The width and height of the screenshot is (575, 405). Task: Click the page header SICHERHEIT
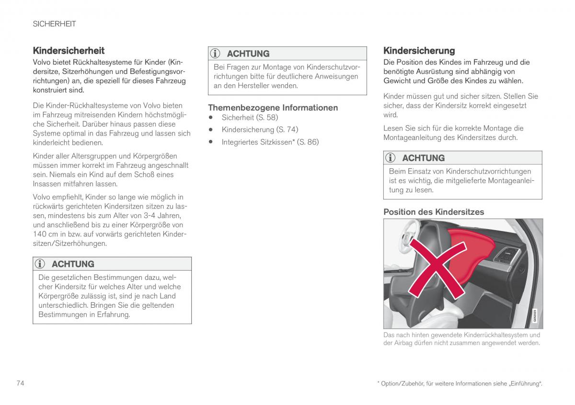pyautogui.click(x=54, y=23)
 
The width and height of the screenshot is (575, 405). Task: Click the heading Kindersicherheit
pyautogui.click(x=69, y=50)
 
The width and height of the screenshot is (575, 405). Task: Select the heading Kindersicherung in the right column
pyautogui.click(x=419, y=50)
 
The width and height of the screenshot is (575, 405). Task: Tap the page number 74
pyautogui.click(x=21, y=383)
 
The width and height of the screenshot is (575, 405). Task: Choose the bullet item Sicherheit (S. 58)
pyautogui.click(x=250, y=117)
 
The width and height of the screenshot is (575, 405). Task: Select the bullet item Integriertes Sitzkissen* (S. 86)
pyautogui.click(x=270, y=142)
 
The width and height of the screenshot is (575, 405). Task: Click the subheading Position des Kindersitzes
pyautogui.click(x=434, y=212)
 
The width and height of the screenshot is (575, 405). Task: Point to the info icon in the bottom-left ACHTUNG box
pyautogui.click(x=41, y=264)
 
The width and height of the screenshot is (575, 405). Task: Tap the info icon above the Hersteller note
pyautogui.click(x=216, y=54)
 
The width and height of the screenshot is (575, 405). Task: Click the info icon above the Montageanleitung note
pyautogui.click(x=391, y=158)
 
